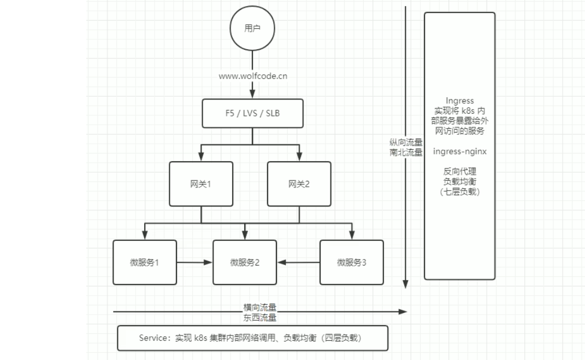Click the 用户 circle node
[x=252, y=29]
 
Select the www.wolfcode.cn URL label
[x=253, y=76]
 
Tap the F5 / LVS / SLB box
[x=252, y=113]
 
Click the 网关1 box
[x=200, y=184]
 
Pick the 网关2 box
[x=299, y=184]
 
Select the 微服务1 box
[x=145, y=262]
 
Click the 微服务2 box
[x=245, y=262]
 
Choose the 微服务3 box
[x=351, y=262]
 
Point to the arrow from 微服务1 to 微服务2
[x=194, y=262]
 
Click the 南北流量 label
[x=406, y=152]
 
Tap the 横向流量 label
[x=260, y=307]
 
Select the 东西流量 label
[x=260, y=317]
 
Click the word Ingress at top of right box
[x=459, y=101]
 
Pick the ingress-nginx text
[x=459, y=151]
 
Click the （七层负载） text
[x=459, y=192]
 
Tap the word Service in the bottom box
[x=154, y=338]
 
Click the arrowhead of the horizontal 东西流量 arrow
[x=403, y=311]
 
